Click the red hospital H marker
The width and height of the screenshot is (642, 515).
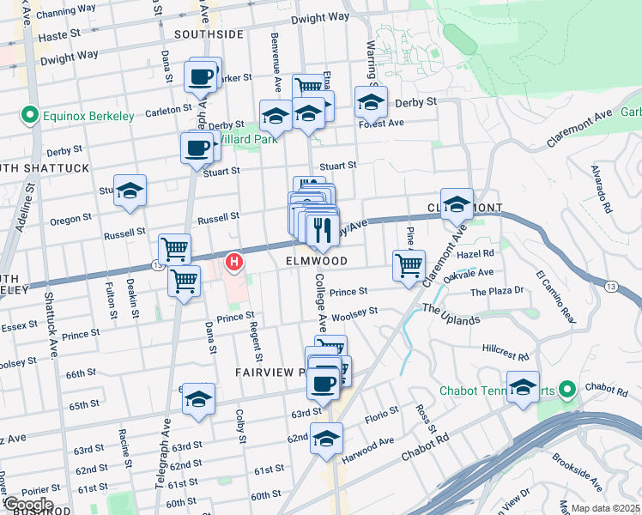(233, 261)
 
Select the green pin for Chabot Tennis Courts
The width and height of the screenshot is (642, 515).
(566, 391)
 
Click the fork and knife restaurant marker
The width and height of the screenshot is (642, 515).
(323, 229)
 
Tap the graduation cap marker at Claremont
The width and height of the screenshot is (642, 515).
(457, 204)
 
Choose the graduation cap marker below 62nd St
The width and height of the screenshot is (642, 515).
(326, 439)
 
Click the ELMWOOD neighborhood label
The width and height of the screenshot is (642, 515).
(317, 260)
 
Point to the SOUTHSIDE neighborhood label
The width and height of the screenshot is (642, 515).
(209, 34)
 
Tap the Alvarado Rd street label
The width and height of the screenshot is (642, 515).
(605, 197)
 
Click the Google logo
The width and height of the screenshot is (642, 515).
(28, 505)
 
